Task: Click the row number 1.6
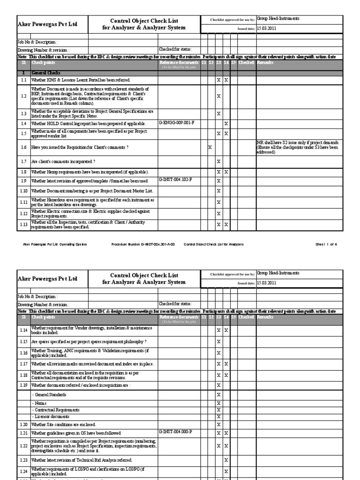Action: tap(23, 147)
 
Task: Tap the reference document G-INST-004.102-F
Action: tap(176, 180)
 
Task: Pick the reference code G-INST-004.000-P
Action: tap(176, 432)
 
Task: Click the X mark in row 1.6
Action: tap(210, 147)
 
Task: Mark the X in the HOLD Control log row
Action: tap(226, 124)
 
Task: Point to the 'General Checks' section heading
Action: tap(45, 74)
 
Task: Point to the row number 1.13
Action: tap(23, 225)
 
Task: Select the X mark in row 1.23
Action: tap(226, 460)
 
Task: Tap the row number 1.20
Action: tap(23, 424)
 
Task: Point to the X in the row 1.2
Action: tap(218, 96)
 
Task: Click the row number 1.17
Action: tap(23, 364)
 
